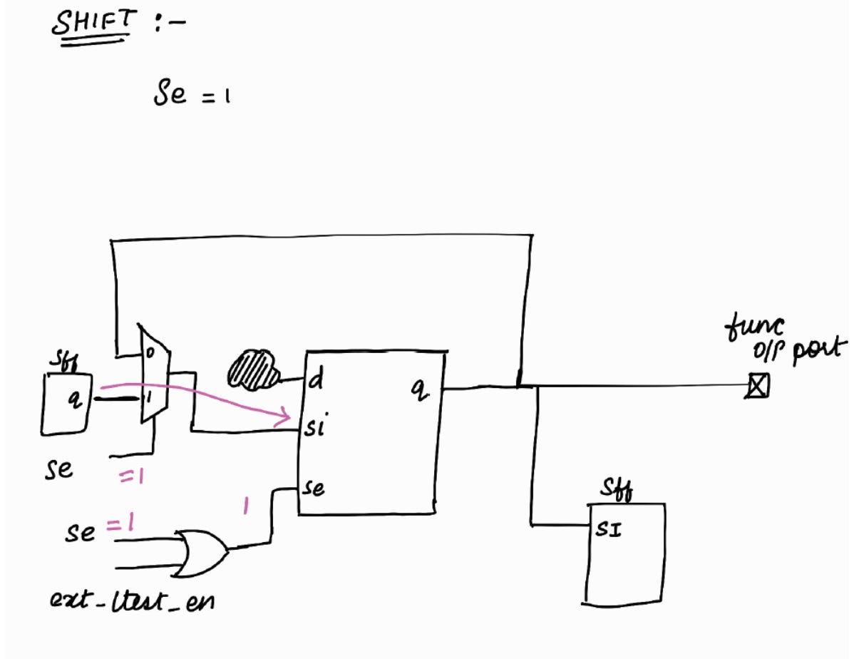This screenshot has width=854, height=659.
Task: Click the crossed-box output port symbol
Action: [757, 388]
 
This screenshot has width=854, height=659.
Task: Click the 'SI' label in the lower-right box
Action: [607, 530]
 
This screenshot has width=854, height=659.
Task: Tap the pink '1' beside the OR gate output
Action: [245, 507]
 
